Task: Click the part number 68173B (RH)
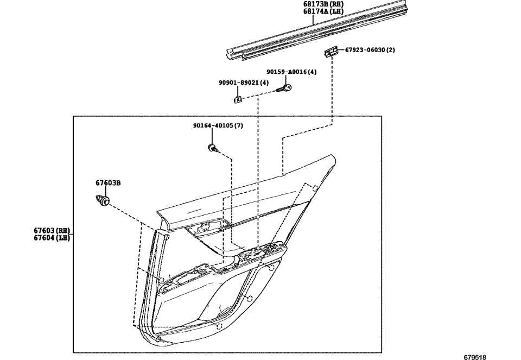pyautogui.click(x=323, y=4)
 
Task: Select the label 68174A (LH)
pyautogui.click(x=323, y=11)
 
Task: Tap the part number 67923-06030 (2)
pyautogui.click(x=370, y=50)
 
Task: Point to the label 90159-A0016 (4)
pyautogui.click(x=291, y=72)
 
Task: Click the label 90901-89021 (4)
pyautogui.click(x=244, y=83)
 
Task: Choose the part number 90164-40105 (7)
pyautogui.click(x=218, y=125)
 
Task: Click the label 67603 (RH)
pyautogui.click(x=52, y=231)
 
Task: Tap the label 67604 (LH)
pyautogui.click(x=52, y=237)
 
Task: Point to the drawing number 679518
pyautogui.click(x=475, y=357)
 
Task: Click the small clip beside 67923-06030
pyautogui.click(x=329, y=51)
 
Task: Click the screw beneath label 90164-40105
pyautogui.click(x=212, y=147)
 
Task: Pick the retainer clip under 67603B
pyautogui.click(x=102, y=200)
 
